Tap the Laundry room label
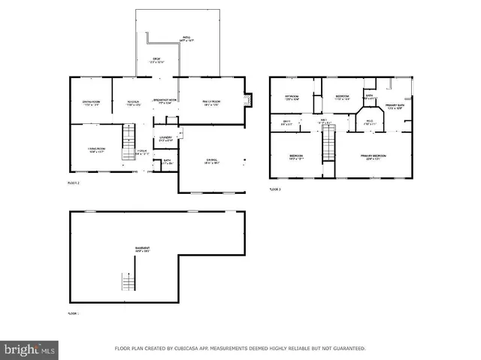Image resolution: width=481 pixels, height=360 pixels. (166, 138)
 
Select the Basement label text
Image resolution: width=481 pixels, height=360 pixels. (142, 249)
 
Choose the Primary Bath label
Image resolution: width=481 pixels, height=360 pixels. (396, 106)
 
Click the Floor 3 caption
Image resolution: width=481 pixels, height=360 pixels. (275, 189)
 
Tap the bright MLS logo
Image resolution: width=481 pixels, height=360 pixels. (30, 349)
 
